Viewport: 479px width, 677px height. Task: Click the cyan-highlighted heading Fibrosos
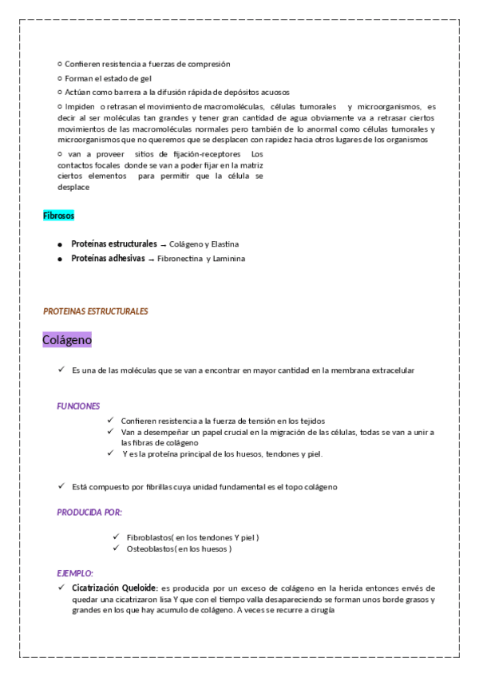click(58, 216)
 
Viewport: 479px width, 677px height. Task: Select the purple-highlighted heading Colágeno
click(67, 340)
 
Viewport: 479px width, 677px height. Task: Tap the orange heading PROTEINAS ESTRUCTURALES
click(95, 311)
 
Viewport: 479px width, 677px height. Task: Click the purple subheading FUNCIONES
click(78, 406)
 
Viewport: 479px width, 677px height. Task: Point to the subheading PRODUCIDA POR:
click(89, 512)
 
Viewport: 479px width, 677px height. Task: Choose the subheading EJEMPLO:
click(75, 573)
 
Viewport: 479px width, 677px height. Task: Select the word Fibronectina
click(180, 259)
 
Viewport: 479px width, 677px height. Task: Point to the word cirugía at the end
click(317, 611)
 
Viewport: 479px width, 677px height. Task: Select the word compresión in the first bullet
click(210, 63)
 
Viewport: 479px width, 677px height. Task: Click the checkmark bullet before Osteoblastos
click(117, 549)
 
